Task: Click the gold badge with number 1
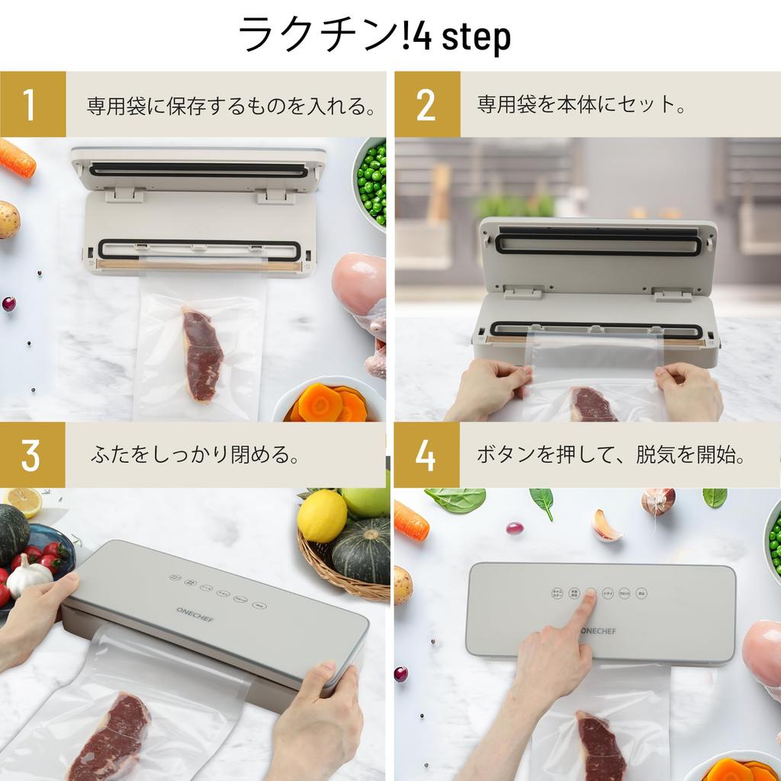tap(32, 104)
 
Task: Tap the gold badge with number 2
tap(426, 104)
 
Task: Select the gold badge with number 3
tap(32, 455)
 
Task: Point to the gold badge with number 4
tap(426, 455)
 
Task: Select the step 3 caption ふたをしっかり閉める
tap(194, 456)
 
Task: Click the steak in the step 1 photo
tap(201, 353)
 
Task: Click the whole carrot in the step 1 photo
tap(16, 158)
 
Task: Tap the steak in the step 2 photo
tap(593, 404)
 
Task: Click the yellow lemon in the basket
tap(322, 516)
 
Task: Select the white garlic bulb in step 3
tap(27, 576)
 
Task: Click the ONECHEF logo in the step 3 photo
tap(194, 615)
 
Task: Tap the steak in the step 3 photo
tap(111, 736)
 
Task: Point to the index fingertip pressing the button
tap(591, 596)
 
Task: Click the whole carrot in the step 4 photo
tap(411, 521)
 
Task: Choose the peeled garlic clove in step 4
tap(607, 526)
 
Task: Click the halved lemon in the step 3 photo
tap(23, 501)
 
